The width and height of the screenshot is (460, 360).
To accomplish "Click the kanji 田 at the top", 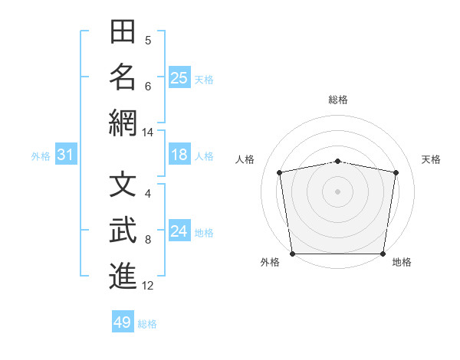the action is (123, 31).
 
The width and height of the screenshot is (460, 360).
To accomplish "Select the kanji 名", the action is (123, 77).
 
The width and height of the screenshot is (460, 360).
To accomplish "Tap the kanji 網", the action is (123, 123).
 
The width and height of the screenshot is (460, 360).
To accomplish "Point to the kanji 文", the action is (123, 184).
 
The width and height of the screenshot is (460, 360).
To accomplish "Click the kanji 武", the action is (123, 230).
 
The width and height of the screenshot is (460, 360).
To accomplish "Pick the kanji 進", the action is (123, 276).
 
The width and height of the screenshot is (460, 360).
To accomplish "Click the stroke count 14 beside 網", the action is (147, 133).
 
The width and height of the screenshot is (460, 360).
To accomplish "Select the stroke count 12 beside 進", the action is (147, 286).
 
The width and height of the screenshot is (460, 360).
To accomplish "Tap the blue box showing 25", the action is (179, 77).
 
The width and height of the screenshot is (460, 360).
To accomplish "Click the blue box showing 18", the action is (179, 154).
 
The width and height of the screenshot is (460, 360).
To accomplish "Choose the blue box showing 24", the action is (179, 230).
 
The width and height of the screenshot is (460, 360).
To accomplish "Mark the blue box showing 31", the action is (66, 154).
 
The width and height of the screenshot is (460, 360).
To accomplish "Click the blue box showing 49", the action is (123, 321).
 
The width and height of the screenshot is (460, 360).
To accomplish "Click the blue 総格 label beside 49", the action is (147, 324).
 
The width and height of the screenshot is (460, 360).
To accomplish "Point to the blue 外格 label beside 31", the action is (41, 156).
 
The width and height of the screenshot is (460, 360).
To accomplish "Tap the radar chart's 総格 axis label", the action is (338, 100).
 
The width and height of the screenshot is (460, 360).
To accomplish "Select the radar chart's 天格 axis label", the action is (431, 159).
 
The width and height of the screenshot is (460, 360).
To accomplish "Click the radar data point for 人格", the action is (280, 172).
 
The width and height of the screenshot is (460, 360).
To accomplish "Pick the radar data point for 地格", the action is (383, 254).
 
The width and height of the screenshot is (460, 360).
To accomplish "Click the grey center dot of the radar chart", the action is (337, 191).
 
